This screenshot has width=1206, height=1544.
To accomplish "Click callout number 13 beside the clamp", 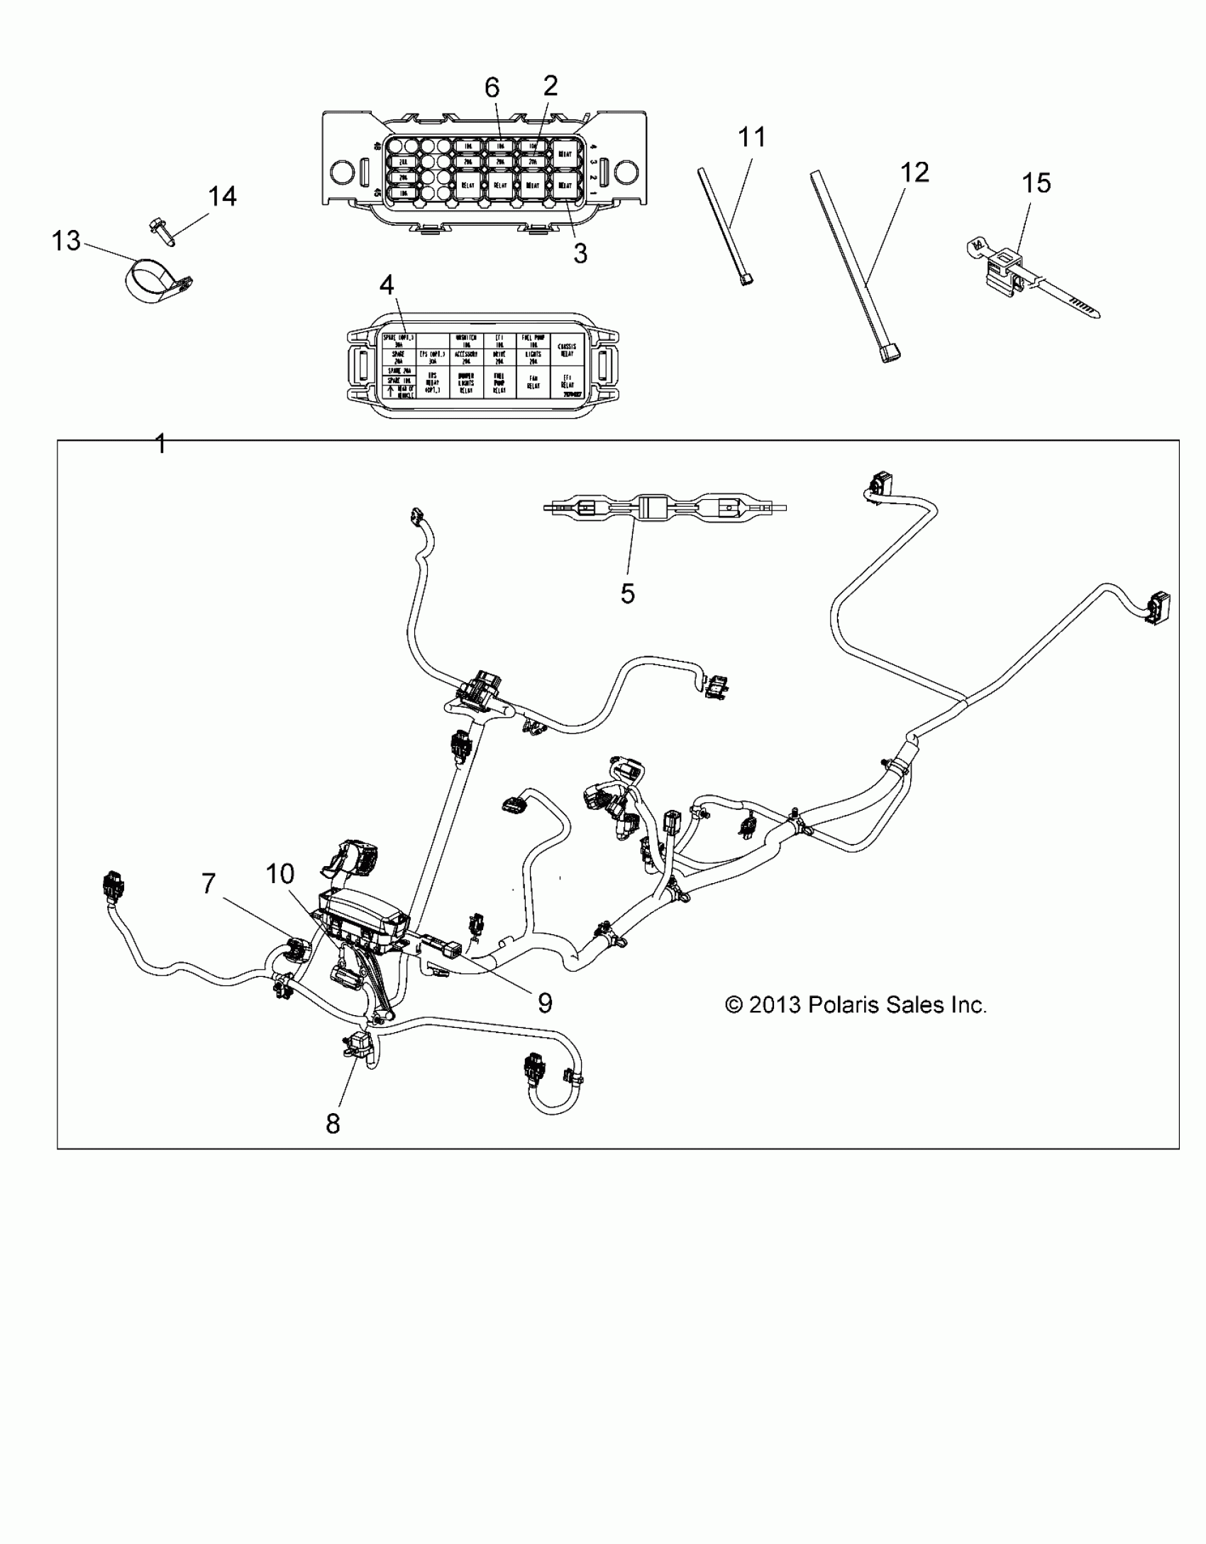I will coord(66,241).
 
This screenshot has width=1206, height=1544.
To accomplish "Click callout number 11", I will coord(752,136).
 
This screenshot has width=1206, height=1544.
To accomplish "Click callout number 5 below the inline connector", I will coord(627,593).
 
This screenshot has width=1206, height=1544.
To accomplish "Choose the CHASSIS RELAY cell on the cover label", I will coord(567,349).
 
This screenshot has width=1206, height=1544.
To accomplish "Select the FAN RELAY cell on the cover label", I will coord(533,382).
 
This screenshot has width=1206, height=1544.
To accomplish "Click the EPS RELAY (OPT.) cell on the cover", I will coord(432,382).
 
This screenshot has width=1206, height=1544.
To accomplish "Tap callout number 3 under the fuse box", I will coord(580,253).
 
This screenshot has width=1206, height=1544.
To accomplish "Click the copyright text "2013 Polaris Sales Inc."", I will coord(856,1005).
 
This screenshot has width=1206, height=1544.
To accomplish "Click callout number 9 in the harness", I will coord(544,1002).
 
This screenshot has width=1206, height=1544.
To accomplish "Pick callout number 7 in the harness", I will coord(208,884).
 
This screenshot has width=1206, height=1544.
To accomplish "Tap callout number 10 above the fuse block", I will coord(280,874).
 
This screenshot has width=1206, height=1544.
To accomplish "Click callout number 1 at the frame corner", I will coord(160,445).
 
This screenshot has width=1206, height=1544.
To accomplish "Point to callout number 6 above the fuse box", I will coord(492,87).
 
